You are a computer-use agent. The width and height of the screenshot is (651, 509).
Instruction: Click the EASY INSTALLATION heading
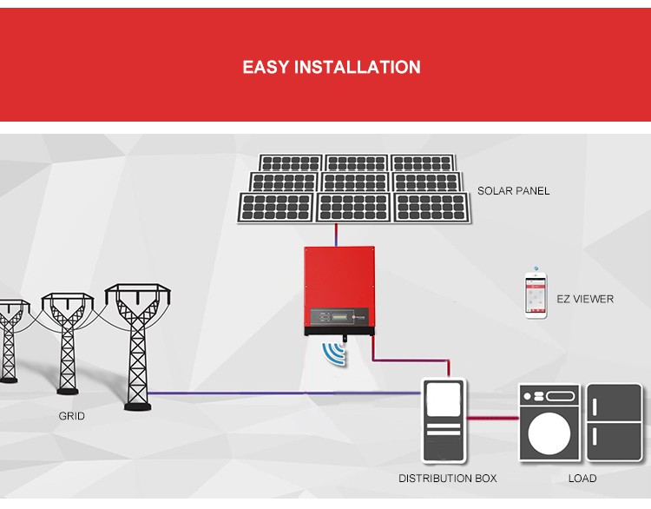[x=332, y=68]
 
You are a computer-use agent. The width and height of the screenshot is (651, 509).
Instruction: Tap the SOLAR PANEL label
[x=513, y=191]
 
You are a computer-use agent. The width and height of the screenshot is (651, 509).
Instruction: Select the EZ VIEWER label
[x=584, y=299]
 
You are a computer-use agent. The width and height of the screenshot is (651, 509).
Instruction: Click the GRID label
[x=72, y=416]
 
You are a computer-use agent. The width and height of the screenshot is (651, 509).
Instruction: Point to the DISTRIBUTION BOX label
[x=448, y=479]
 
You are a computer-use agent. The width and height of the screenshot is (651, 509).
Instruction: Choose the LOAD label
[x=582, y=479]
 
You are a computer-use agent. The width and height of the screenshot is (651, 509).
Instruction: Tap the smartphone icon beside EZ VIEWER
[x=536, y=295]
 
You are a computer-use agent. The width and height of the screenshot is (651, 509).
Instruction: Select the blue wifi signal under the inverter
[x=334, y=354]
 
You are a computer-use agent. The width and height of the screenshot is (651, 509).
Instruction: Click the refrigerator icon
[x=615, y=422]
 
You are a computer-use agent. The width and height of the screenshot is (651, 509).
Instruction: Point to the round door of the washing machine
[x=549, y=433]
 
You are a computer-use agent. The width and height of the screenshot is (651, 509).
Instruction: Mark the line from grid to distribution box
[x=286, y=393]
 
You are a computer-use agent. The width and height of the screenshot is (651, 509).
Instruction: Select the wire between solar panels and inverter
[x=336, y=234]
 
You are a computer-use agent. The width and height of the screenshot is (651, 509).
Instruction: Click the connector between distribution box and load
[x=492, y=419]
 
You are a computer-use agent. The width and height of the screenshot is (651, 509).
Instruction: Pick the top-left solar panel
[x=291, y=163]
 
